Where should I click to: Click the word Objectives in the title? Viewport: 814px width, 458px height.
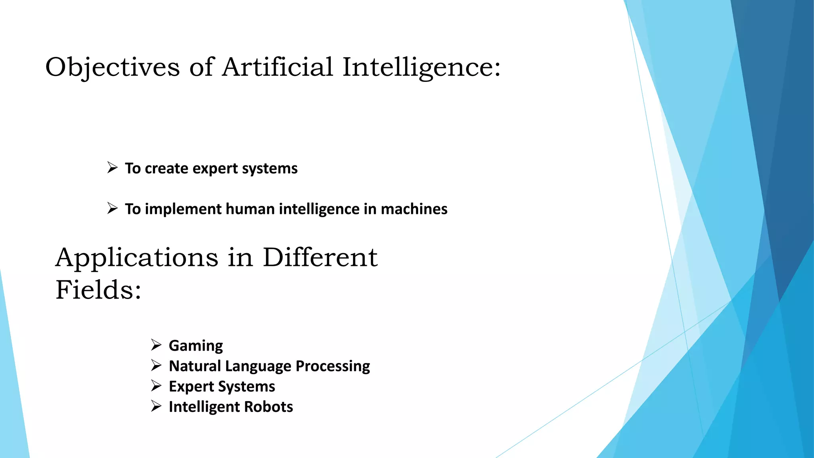(x=112, y=67)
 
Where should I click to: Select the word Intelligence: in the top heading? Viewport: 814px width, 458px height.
(x=421, y=67)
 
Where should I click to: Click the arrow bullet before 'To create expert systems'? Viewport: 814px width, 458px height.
(x=112, y=168)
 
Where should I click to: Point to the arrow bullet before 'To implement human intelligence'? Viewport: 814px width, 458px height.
(x=112, y=208)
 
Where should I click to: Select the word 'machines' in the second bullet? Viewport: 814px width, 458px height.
(x=414, y=209)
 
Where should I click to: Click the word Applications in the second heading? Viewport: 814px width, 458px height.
(x=137, y=258)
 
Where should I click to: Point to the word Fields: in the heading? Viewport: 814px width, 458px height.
(x=98, y=289)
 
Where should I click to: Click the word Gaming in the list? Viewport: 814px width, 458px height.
(x=196, y=346)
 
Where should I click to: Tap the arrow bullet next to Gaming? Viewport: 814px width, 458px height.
(x=156, y=345)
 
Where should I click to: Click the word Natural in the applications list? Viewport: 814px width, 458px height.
(x=195, y=366)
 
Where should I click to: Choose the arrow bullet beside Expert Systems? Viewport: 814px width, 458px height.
(x=156, y=386)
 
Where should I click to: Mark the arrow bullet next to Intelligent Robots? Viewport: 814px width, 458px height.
(x=156, y=406)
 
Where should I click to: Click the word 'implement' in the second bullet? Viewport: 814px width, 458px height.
(x=183, y=209)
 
